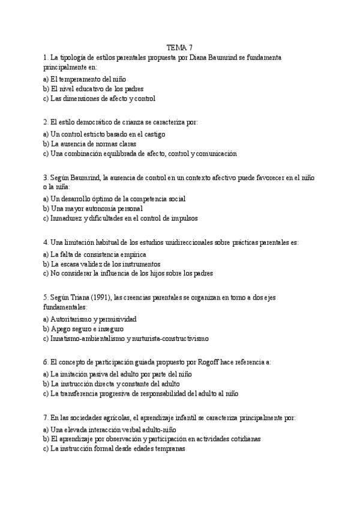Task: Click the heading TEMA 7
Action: point(179,47)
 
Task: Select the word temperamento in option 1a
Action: point(81,79)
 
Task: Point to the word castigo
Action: point(153,134)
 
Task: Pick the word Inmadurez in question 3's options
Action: point(67,218)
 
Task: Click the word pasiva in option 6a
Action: point(106,374)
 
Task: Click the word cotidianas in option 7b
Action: point(242,439)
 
